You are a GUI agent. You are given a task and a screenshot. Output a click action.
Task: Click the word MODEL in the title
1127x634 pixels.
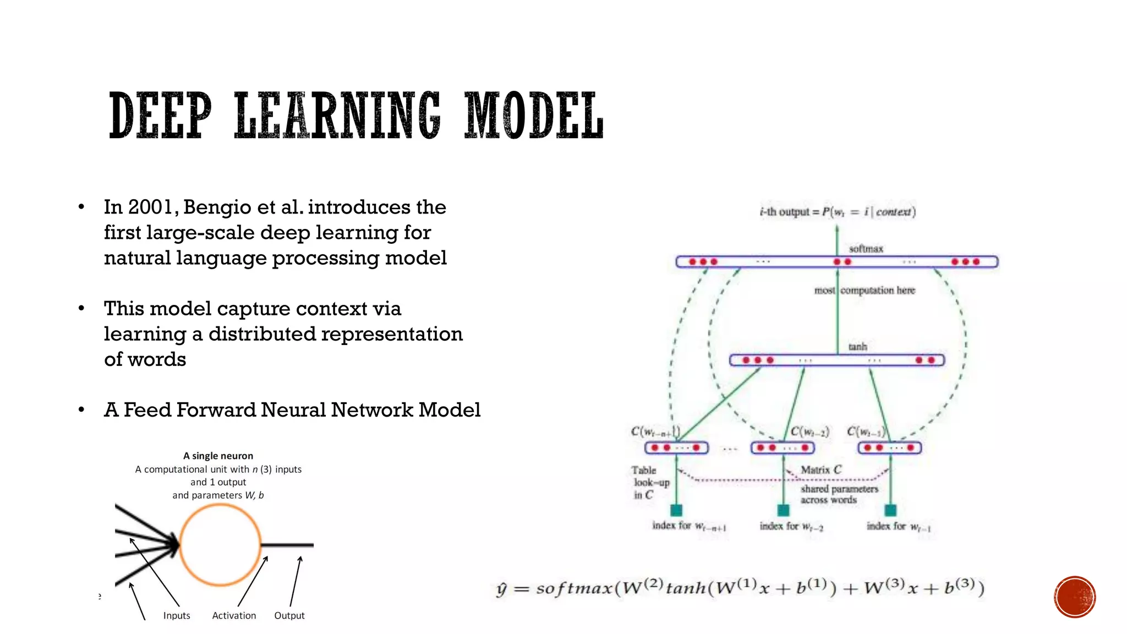534,116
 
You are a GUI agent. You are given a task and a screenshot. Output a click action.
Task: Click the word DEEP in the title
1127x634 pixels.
160,116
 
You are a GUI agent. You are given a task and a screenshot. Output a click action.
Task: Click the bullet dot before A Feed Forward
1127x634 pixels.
81,410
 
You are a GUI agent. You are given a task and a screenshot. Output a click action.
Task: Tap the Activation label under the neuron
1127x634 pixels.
234,615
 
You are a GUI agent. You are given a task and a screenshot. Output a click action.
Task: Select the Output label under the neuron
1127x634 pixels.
289,615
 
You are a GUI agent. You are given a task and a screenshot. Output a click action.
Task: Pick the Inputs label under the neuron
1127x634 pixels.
177,615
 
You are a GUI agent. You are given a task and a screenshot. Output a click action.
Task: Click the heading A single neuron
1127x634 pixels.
218,456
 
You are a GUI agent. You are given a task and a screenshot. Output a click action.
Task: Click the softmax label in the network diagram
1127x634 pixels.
866,249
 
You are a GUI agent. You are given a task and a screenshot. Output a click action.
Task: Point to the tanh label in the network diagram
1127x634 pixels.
857,347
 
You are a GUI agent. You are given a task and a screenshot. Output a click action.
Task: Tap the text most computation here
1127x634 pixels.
865,290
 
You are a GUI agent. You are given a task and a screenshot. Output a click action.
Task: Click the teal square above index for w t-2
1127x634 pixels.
783,510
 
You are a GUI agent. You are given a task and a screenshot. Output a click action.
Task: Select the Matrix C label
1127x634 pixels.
820,470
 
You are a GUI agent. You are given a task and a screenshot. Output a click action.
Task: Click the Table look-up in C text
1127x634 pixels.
649,483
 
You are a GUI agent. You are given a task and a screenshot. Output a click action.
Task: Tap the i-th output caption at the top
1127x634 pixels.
837,212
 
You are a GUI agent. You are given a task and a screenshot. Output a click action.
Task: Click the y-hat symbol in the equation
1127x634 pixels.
501,589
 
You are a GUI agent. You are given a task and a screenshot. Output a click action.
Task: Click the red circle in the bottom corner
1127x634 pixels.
1075,597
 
